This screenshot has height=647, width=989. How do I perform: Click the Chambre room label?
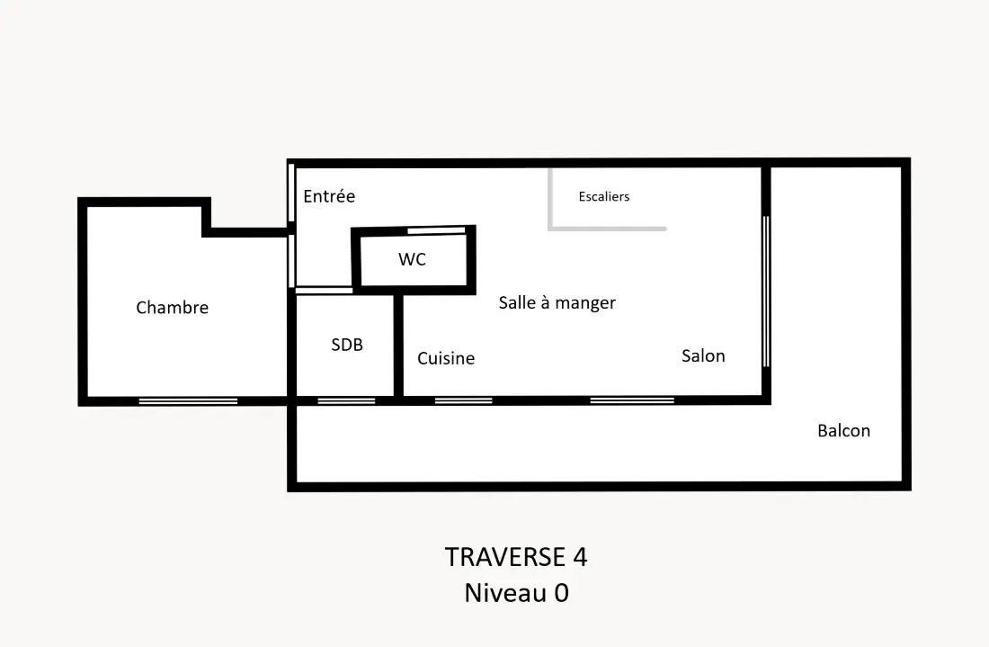tap(173, 308)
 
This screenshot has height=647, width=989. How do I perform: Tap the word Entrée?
tap(329, 196)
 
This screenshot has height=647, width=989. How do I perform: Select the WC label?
tap(412, 259)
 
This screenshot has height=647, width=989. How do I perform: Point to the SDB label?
tap(347, 345)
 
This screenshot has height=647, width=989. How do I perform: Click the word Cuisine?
tap(446, 358)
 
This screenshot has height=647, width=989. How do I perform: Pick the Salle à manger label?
tap(557, 303)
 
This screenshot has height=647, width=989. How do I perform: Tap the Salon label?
tap(703, 356)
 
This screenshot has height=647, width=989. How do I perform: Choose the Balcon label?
tap(844, 430)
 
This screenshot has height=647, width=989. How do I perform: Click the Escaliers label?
tap(604, 196)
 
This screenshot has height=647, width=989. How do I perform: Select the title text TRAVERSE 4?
tap(516, 557)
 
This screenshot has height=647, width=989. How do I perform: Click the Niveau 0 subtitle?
tap(517, 593)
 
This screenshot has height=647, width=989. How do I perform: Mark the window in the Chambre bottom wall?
tap(188, 401)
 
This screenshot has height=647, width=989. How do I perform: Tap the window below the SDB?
tap(346, 401)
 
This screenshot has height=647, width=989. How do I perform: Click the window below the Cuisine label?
tap(464, 400)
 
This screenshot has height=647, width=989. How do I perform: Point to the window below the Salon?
tap(632, 400)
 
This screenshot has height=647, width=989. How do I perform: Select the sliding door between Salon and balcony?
tap(766, 292)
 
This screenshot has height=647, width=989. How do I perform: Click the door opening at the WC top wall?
tap(436, 231)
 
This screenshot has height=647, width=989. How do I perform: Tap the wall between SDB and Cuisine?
tap(398, 346)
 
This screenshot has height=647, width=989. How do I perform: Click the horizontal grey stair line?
tap(608, 229)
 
